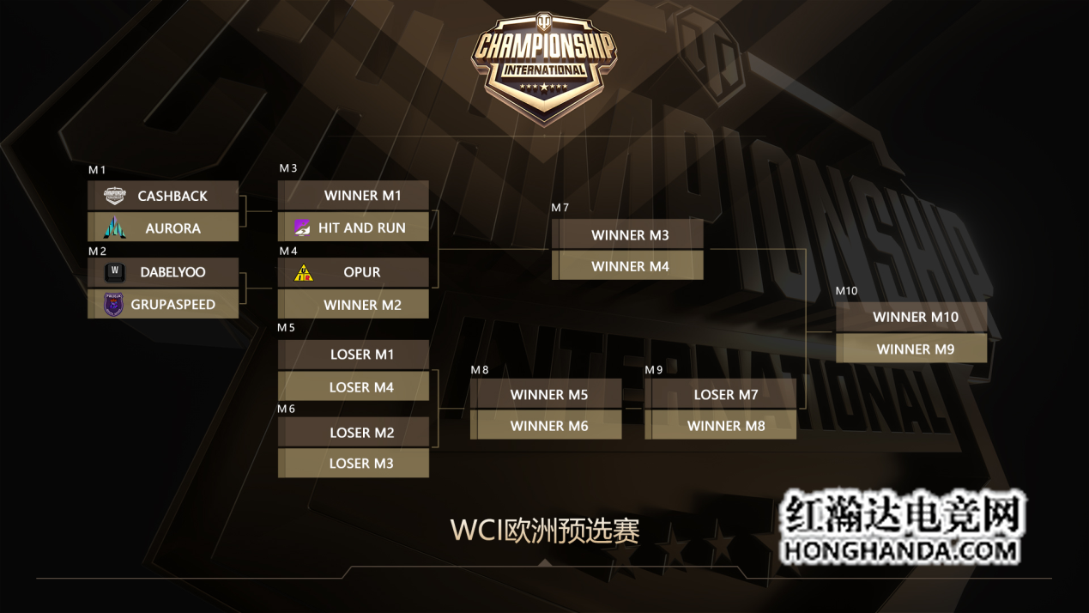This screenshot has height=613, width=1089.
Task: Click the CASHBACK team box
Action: [x=163, y=196]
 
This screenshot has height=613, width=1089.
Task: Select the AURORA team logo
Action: [x=115, y=228]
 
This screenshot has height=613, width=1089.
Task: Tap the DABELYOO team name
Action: [x=172, y=272]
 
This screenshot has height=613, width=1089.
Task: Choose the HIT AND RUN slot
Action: [x=353, y=228]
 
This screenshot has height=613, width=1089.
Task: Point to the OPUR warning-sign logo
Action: [x=304, y=273]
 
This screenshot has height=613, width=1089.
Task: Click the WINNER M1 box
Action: [x=353, y=196]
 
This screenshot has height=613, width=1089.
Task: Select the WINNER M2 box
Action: [x=353, y=305]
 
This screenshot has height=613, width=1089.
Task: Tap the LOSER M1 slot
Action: [x=353, y=355]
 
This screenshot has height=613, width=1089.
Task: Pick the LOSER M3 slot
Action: [x=353, y=464]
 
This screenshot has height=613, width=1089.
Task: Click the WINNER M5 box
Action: [x=546, y=395]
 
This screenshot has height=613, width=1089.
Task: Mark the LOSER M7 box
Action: [x=721, y=395]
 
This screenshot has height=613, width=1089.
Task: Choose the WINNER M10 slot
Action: [x=911, y=317]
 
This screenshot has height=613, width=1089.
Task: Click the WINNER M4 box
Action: [x=627, y=266]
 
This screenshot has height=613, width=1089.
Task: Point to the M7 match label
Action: [x=560, y=208]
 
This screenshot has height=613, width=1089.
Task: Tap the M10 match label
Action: [x=846, y=291]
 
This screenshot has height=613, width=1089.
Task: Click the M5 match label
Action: [x=286, y=328]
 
